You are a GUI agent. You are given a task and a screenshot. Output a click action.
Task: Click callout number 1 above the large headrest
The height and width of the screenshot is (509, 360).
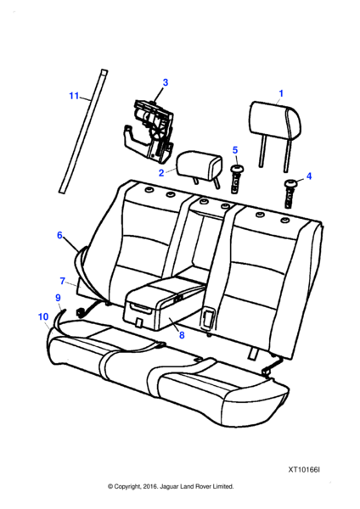[281, 93]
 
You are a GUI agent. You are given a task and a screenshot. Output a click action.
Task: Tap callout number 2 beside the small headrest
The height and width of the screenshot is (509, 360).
[161, 173]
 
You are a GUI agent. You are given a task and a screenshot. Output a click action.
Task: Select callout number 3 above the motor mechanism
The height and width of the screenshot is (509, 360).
[166, 82]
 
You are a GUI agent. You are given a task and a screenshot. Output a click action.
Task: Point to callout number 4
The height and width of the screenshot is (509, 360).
[309, 176]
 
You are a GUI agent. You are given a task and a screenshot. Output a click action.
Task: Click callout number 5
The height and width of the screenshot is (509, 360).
[235, 150]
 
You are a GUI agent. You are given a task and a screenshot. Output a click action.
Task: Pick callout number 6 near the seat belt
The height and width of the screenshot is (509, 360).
[59, 235]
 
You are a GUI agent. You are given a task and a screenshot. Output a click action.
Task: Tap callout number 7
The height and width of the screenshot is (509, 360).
[63, 281]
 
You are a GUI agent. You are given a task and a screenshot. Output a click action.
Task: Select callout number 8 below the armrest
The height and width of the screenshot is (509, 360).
[182, 335]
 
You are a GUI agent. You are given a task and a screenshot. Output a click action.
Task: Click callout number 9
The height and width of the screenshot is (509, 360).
[58, 298]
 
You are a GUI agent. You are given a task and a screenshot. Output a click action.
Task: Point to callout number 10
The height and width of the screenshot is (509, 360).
[43, 316]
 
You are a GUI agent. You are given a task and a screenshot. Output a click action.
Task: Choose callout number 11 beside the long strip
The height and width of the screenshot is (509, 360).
[74, 96]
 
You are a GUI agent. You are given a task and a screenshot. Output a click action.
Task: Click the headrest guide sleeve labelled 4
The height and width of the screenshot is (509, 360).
[290, 193]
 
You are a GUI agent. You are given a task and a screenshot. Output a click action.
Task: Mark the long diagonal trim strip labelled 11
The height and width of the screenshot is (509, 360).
[83, 131]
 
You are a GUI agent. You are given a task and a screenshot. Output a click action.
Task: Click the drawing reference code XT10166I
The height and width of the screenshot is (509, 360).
[304, 470]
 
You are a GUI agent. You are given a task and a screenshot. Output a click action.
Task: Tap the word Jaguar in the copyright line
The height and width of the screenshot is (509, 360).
[168, 487]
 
